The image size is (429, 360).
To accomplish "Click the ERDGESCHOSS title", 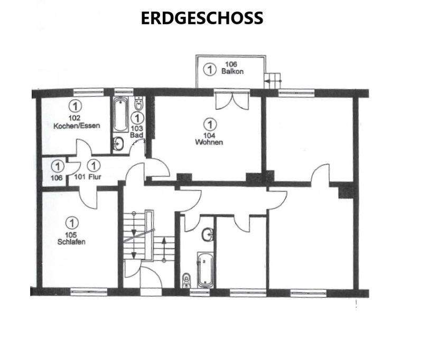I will (x=202, y=18).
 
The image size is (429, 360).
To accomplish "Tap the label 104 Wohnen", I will (x=209, y=139).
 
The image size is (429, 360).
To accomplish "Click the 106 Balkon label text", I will (x=233, y=68).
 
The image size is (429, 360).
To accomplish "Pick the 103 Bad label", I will (x=137, y=132).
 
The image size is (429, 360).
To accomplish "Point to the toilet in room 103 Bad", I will (x=138, y=105).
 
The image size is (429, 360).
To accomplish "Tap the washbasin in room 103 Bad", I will (x=119, y=143).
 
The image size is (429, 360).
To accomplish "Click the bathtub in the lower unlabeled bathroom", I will (x=204, y=269).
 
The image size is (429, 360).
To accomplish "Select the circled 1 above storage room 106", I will (x=57, y=166).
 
